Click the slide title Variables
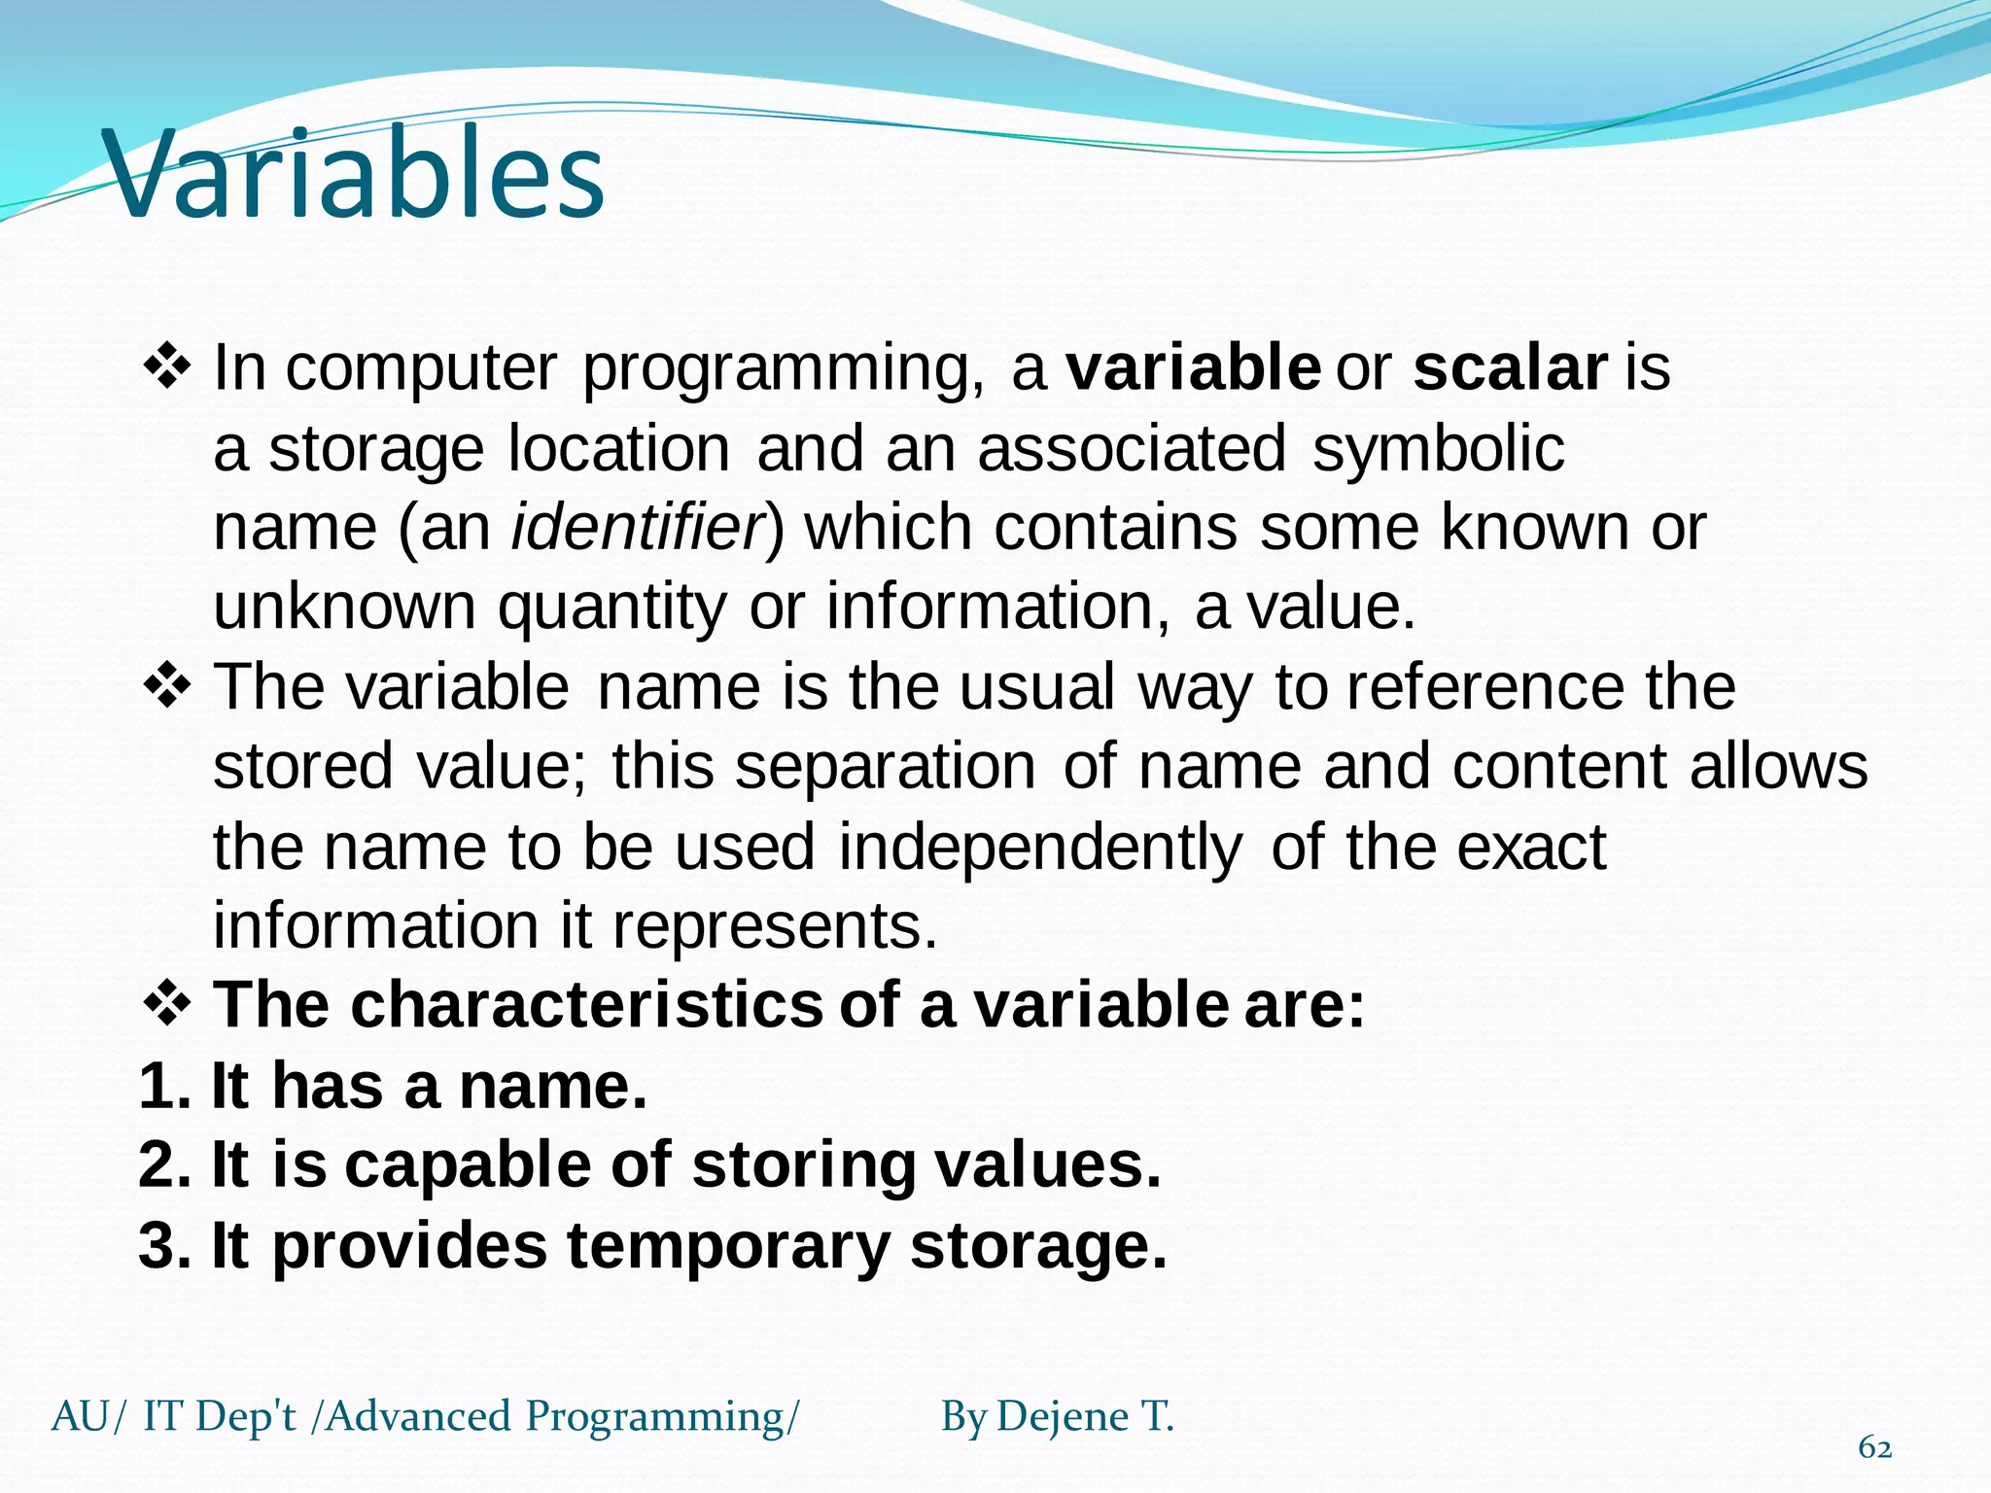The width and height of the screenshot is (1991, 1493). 355,175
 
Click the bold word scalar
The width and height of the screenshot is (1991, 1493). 1510,368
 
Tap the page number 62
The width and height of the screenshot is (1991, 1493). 1874,1447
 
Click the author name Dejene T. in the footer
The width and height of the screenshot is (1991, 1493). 1085,1416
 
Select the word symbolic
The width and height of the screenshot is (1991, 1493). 1438,449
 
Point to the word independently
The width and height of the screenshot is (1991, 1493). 1040,848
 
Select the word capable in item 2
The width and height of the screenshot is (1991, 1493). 468,1165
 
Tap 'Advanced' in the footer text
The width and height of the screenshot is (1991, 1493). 418,1416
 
